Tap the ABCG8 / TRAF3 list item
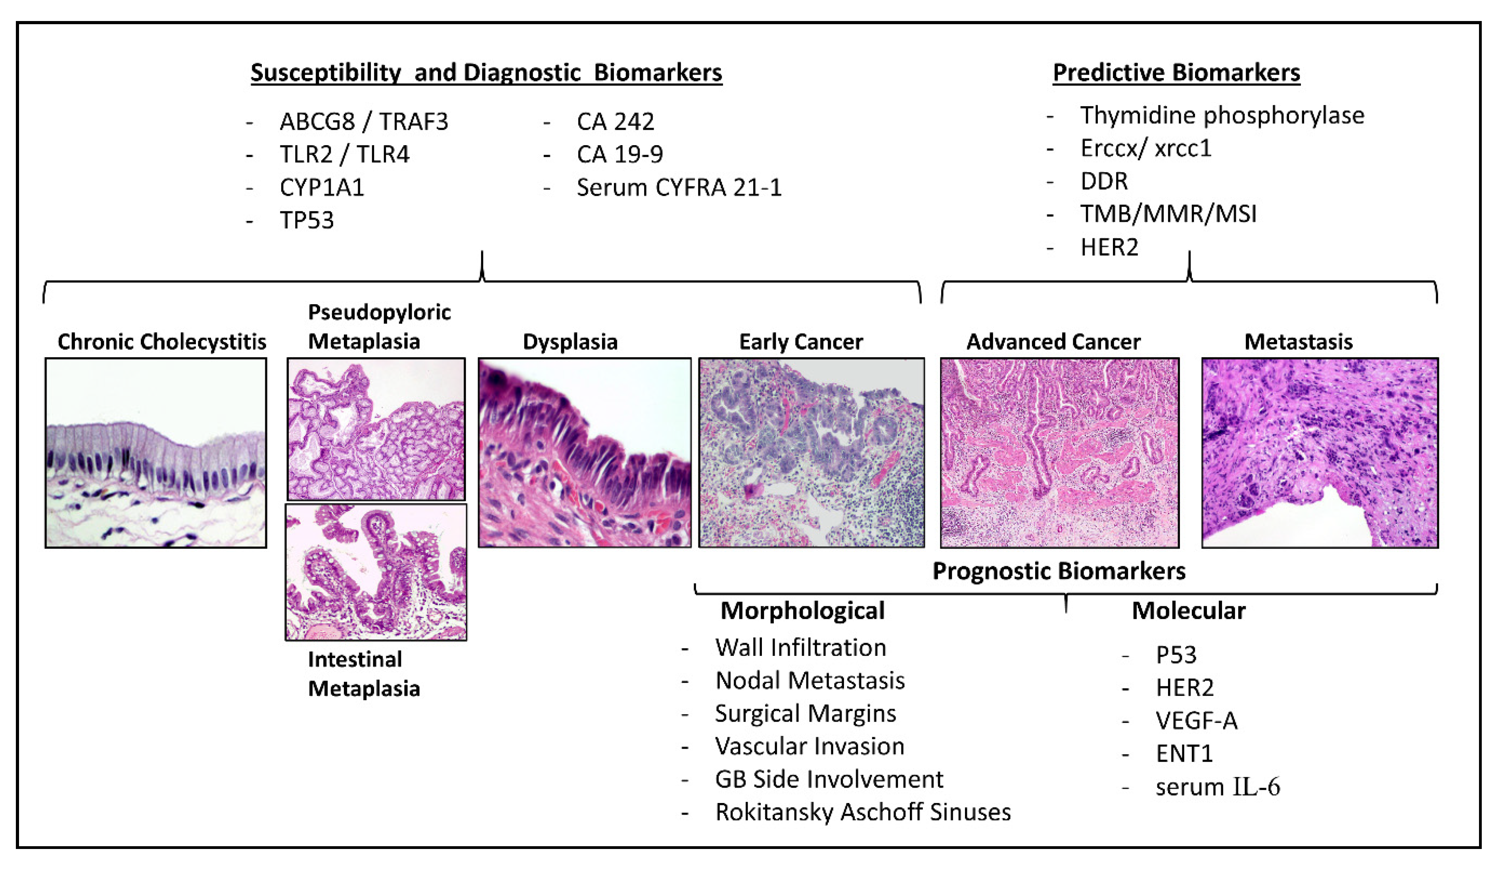(x=364, y=122)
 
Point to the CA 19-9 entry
(x=620, y=154)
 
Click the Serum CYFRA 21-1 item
(x=679, y=188)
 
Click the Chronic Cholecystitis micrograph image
(x=156, y=453)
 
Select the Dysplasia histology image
(x=585, y=453)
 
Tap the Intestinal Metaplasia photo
(x=376, y=572)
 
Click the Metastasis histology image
(x=1320, y=453)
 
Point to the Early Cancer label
(x=801, y=342)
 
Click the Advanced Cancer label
(x=1053, y=342)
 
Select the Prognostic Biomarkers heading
(x=1059, y=571)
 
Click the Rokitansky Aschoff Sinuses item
(x=863, y=812)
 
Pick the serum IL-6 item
(x=1218, y=787)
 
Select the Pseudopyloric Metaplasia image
(x=376, y=429)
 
